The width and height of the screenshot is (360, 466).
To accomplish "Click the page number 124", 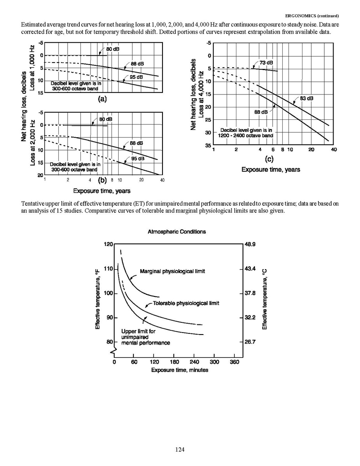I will pyautogui.click(x=179, y=450).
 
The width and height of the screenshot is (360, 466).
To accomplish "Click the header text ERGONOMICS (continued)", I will pyautogui.click(x=312, y=16).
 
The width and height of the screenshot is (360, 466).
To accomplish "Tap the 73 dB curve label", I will pyautogui.click(x=266, y=63).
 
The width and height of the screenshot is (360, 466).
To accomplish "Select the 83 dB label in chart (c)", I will pyautogui.click(x=306, y=98).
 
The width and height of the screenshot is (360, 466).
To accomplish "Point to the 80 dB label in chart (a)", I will pyautogui.click(x=113, y=49).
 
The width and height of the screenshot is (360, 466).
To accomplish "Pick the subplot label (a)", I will pyautogui.click(x=102, y=99).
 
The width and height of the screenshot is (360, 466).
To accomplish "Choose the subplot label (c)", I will pyautogui.click(x=269, y=159).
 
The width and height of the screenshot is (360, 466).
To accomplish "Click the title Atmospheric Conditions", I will pyautogui.click(x=177, y=232).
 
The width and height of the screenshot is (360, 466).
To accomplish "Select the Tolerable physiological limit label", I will pyautogui.click(x=186, y=303).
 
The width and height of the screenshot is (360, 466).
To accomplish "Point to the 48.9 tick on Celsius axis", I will pyautogui.click(x=250, y=244).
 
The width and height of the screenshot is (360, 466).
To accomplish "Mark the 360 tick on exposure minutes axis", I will pyautogui.click(x=234, y=362).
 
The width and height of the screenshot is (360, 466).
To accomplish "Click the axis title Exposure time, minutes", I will pyautogui.click(x=180, y=370).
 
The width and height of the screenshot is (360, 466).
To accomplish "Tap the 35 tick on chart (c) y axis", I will pyautogui.click(x=208, y=145).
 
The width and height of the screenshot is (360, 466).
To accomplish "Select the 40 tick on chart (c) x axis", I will pyautogui.click(x=334, y=150).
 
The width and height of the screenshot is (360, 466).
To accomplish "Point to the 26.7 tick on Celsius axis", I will pyautogui.click(x=250, y=342).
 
